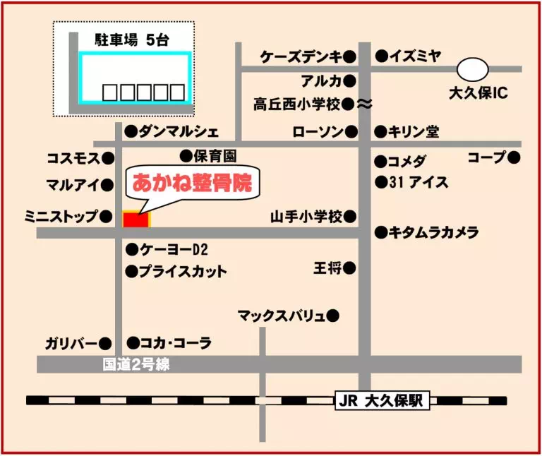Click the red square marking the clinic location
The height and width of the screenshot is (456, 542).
click(136, 220)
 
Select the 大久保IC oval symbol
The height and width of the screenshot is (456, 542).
click(472, 69)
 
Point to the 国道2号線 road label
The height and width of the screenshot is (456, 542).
click(136, 365)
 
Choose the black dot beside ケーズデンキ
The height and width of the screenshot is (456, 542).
click(351, 56)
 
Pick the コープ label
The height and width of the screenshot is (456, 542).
click(487, 157)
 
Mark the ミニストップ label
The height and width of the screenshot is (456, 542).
click(61, 216)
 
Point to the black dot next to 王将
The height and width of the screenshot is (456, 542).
click(350, 268)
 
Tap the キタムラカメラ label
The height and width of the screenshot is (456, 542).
click(434, 232)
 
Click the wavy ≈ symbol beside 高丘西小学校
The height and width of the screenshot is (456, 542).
click(365, 104)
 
